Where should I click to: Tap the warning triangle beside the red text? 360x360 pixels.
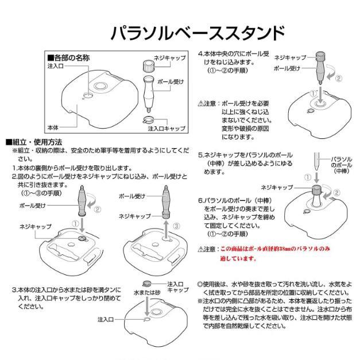(x=200, y=249)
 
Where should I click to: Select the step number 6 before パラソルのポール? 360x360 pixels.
(x=200, y=201)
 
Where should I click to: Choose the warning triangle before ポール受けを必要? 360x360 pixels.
(x=200, y=103)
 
